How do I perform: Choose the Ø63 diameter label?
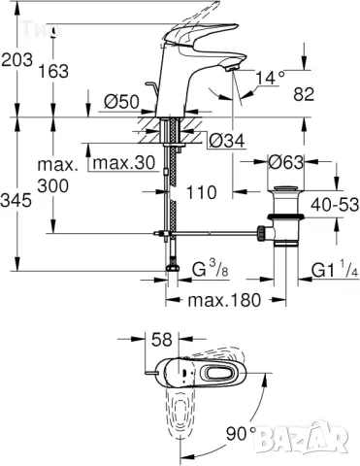[290, 161]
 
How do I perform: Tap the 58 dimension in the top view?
[161, 340]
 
